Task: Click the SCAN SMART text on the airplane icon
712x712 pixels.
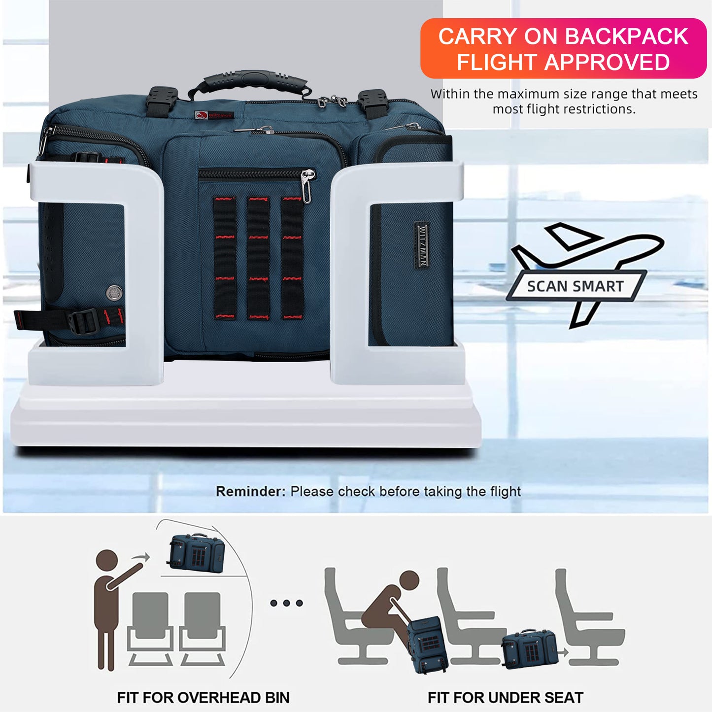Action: coord(575,286)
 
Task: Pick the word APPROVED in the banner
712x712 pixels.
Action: coord(607,63)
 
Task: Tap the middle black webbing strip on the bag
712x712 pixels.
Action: coord(258,257)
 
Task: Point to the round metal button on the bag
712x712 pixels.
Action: coord(114,293)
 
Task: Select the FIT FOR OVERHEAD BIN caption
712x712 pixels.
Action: coord(203,698)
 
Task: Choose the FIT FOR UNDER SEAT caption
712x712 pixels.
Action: coord(505,698)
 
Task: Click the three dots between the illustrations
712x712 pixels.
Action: coord(286,603)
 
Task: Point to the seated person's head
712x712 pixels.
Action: coord(409,581)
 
